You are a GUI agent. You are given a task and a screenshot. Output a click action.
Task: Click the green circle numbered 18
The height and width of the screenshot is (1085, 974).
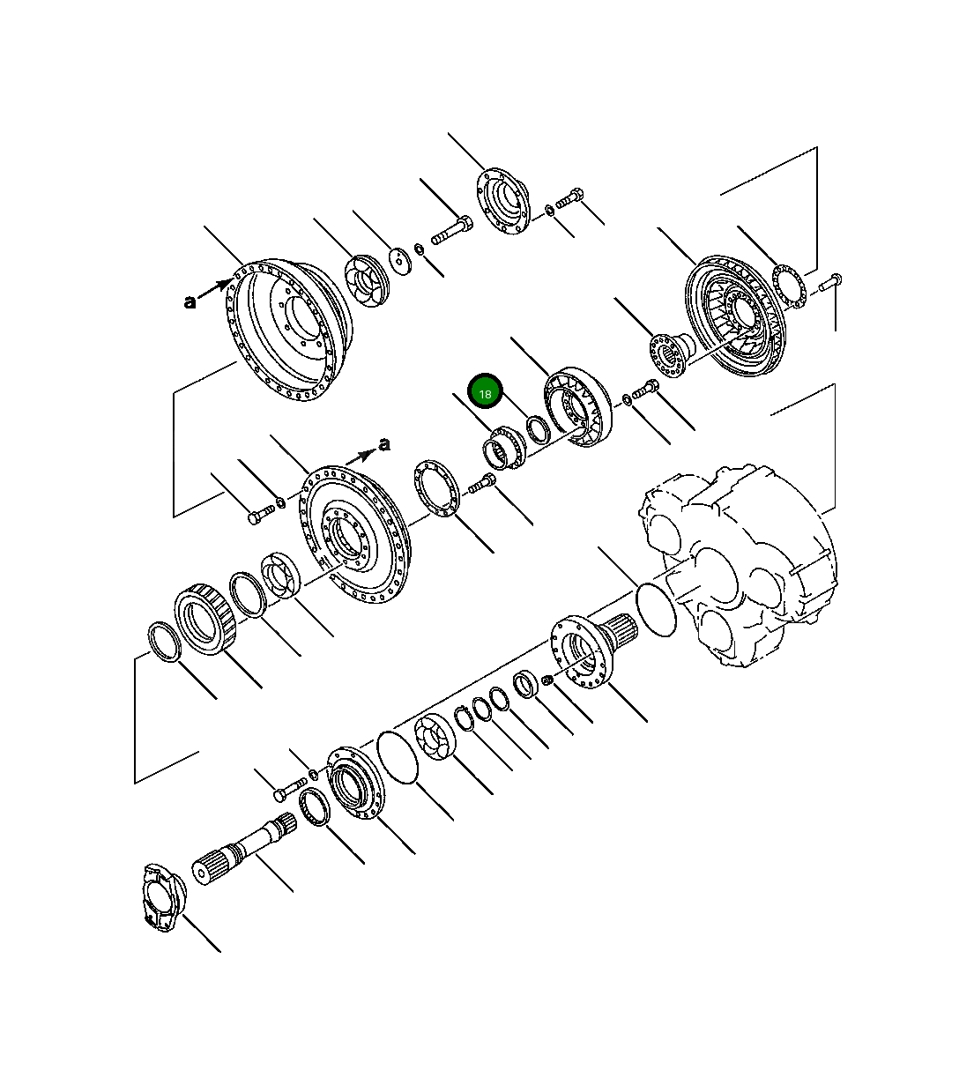pos(485,392)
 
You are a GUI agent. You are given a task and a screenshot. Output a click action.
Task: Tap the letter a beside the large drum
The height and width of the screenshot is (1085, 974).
pos(190,302)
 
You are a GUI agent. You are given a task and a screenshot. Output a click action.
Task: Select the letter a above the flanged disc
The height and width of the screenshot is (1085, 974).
pos(383,444)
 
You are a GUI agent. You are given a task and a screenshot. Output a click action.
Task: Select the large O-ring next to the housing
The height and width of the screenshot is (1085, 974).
pos(656,607)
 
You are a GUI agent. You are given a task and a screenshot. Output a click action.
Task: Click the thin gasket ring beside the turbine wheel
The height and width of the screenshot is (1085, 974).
pos(788,286)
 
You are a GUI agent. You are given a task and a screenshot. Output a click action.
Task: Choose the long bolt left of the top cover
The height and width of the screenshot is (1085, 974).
pos(451,232)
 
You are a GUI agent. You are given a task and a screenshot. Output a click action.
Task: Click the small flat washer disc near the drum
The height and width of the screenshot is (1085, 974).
pos(401,260)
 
